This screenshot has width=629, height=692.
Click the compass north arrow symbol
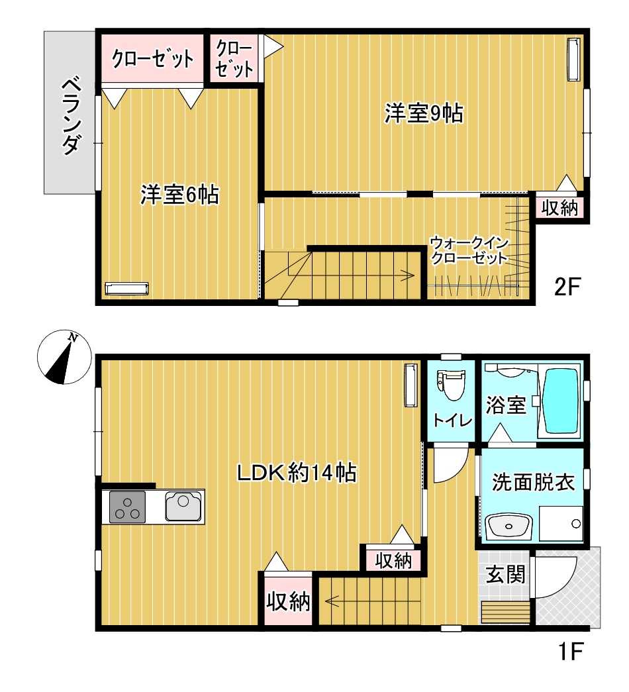pyautogui.click(x=62, y=358)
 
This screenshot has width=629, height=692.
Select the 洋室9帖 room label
pyautogui.click(x=423, y=113)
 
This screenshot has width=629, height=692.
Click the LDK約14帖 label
pyautogui.click(x=297, y=473)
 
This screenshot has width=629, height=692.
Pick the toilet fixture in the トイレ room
pyautogui.click(x=452, y=385)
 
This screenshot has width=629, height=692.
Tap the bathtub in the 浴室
pyautogui.click(x=560, y=401)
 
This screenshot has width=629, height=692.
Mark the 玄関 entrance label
pyautogui.click(x=506, y=574)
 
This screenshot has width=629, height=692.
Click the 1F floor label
pyautogui.click(x=568, y=653)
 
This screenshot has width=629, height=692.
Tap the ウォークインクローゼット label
pyautogui.click(x=468, y=250)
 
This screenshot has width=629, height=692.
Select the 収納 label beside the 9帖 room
pyautogui.click(x=560, y=208)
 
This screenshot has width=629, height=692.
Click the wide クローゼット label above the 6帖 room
pyautogui.click(x=152, y=59)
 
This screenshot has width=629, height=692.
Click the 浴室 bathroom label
pyautogui.click(x=506, y=405)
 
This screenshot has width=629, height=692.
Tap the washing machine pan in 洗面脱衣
pyautogui.click(x=561, y=524)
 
